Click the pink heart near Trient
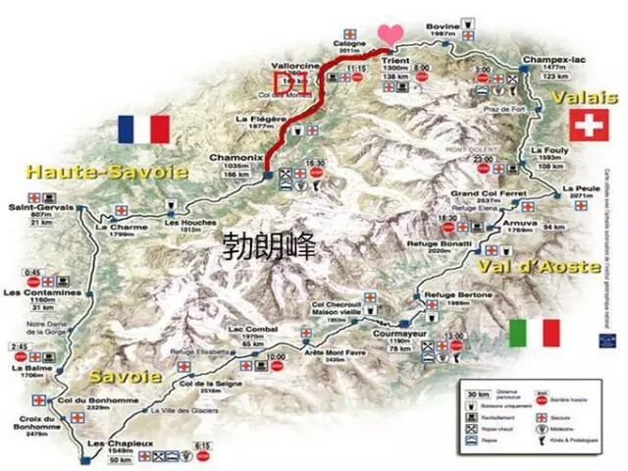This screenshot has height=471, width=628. [x=391, y=33]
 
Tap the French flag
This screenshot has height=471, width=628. [x=143, y=129]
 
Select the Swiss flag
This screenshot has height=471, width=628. [x=588, y=126]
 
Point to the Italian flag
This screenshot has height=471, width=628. [x=534, y=332]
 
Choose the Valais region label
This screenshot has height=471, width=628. [x=585, y=97]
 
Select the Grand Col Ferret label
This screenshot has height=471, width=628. [x=480, y=194]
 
